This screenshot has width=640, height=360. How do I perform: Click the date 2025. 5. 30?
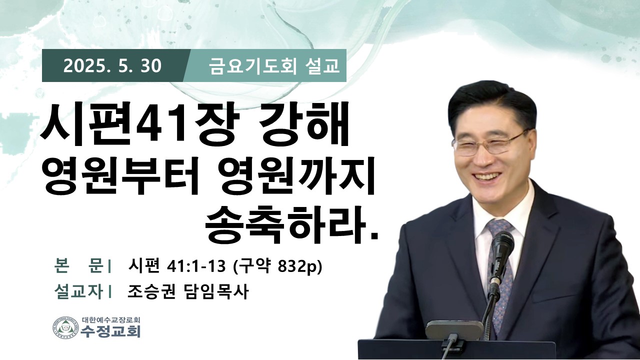tap(112, 66)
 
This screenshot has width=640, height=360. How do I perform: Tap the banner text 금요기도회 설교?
tap(273, 66)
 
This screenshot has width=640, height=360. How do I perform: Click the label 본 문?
tap(78, 266)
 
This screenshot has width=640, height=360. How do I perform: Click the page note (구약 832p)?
tap(277, 267)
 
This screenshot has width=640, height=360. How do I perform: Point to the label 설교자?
tap(78, 291)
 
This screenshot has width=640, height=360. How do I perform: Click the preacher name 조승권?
tap(151, 291)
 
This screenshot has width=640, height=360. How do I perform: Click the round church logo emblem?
tap(65, 327)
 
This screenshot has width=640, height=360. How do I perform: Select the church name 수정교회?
tap(110, 331)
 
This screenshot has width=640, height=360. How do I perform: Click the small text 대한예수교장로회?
tap(111, 319)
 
